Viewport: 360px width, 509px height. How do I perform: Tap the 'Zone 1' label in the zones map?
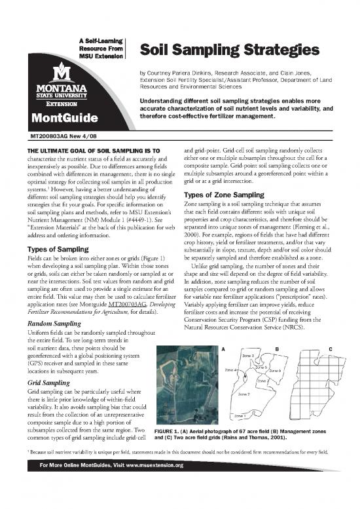241,415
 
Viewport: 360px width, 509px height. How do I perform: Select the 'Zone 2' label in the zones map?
243,394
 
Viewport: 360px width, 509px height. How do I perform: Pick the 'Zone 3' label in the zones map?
248,356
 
